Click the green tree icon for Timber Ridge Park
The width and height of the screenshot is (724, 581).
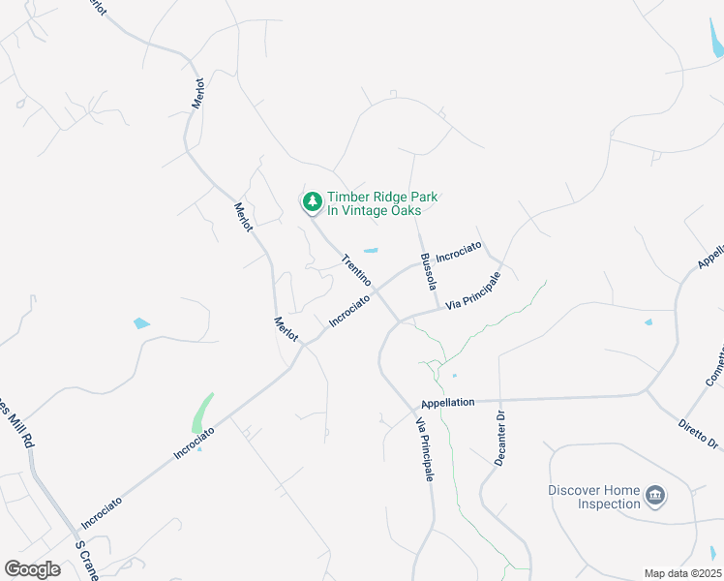tap(312, 201)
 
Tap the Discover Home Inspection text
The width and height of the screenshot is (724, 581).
tap(594, 497)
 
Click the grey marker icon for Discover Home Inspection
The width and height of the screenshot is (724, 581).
tap(655, 496)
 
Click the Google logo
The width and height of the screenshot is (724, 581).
tap(32, 569)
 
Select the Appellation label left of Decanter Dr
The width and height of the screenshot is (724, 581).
tap(448, 402)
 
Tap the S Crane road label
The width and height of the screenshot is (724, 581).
tap(86, 560)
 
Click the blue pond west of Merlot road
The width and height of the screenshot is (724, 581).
tap(142, 322)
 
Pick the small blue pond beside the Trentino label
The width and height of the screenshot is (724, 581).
tap(371, 251)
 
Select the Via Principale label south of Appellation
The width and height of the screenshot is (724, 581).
tap(425, 448)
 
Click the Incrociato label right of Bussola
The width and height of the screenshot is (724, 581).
tap(459, 252)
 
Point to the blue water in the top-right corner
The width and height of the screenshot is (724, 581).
tap(716, 40)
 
